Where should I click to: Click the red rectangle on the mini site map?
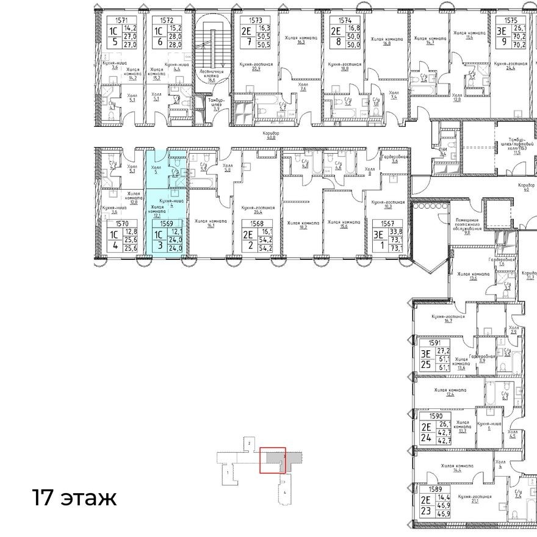272,460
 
